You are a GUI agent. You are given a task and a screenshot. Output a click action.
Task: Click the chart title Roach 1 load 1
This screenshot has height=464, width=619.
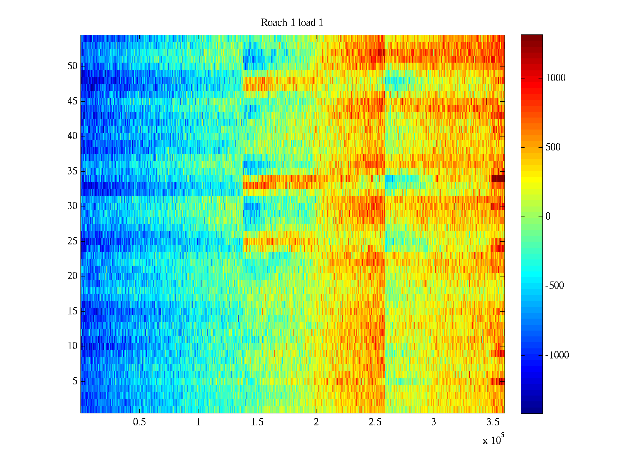292,23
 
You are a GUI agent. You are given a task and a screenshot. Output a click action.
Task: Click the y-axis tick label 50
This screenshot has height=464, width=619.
72,66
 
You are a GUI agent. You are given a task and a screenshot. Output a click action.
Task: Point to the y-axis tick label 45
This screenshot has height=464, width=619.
72,101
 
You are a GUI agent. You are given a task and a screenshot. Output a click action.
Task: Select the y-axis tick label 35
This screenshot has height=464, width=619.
72,171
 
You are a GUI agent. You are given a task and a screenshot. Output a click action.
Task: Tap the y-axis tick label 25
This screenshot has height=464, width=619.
72,241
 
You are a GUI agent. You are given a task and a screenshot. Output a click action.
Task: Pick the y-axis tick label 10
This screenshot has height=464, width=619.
72,346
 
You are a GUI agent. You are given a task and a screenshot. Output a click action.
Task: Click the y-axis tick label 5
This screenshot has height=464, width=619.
75,381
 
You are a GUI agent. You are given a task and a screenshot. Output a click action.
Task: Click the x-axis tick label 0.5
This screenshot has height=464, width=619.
139,422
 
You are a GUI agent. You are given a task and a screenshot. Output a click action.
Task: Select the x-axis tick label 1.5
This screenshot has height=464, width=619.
257,422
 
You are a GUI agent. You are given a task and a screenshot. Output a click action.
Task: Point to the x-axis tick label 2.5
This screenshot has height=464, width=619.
375,422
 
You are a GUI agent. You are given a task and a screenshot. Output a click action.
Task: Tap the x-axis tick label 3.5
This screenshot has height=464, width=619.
493,422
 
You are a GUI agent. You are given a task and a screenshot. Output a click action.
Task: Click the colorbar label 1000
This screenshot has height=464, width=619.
556,78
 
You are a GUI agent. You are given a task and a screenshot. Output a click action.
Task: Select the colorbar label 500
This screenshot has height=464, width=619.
553,147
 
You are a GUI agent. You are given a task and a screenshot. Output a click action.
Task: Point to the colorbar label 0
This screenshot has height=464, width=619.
548,217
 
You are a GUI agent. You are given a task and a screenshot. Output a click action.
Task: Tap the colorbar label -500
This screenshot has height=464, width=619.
554,286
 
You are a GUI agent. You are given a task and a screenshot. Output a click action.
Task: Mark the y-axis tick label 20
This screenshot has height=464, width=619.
72,276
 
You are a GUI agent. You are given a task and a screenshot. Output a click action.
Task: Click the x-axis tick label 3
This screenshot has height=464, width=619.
434,422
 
